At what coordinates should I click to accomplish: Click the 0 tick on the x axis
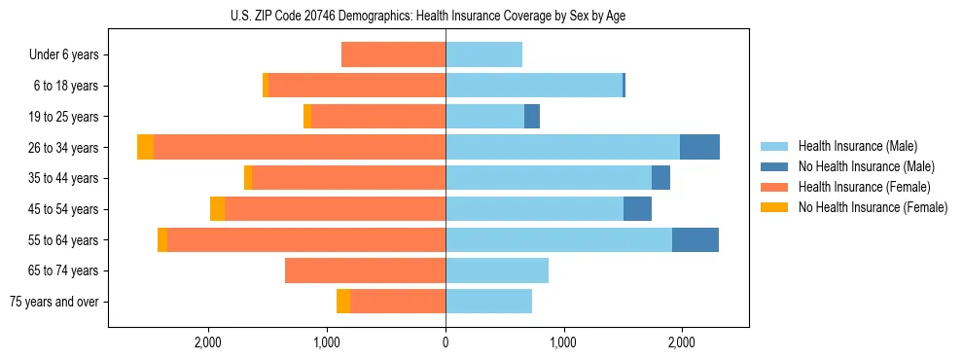446,342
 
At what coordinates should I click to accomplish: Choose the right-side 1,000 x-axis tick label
563,342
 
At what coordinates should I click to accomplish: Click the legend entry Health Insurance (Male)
857,146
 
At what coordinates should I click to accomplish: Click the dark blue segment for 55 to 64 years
695,239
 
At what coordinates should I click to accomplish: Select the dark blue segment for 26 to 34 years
699,147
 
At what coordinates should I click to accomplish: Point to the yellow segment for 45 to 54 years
217,208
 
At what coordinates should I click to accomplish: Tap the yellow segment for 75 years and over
343,302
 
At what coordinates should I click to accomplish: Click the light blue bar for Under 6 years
483,54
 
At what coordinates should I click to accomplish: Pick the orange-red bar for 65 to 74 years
365,270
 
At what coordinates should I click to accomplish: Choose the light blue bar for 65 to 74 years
497,270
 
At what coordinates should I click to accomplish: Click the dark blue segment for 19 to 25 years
532,117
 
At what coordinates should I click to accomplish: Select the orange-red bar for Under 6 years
393,54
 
